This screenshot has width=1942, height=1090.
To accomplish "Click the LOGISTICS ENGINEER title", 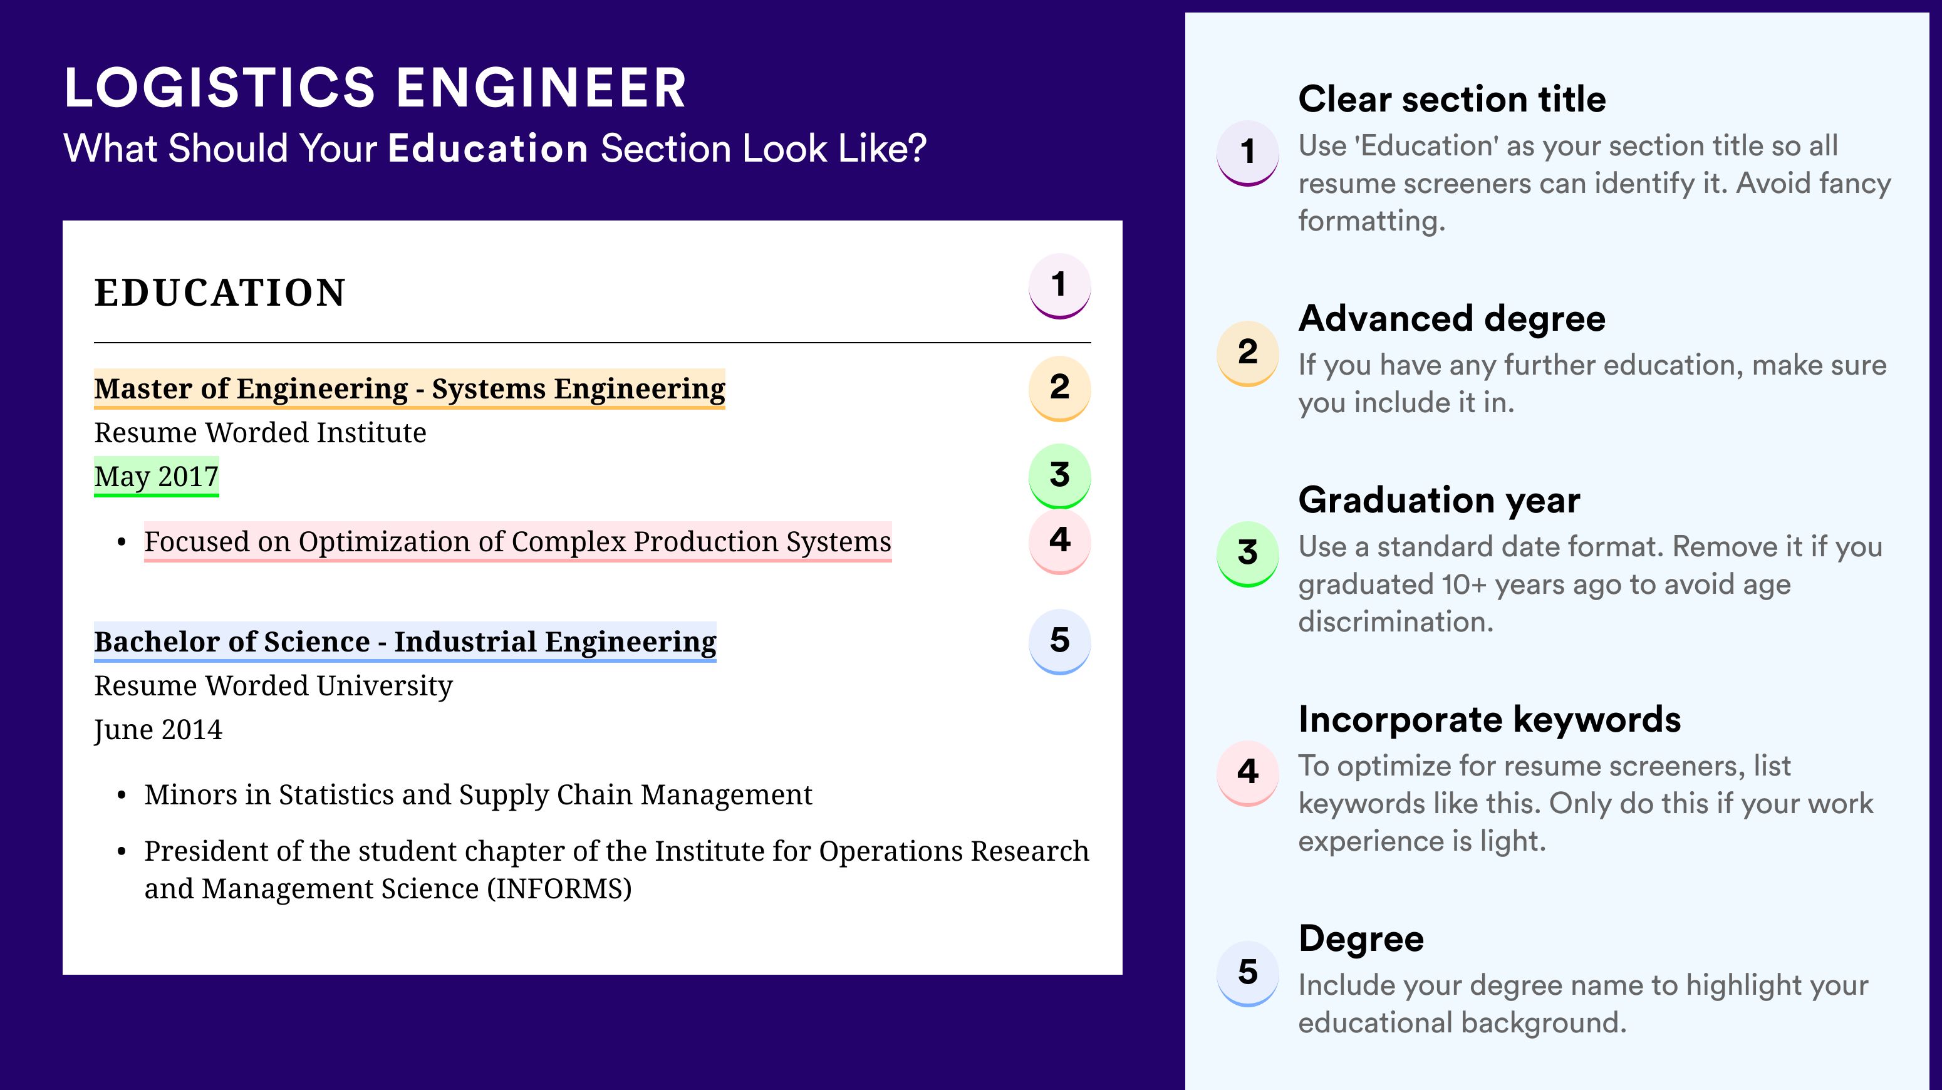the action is (375, 88).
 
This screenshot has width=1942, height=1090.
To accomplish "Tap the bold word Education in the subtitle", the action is (488, 148).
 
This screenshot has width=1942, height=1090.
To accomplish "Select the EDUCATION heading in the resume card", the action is (219, 293).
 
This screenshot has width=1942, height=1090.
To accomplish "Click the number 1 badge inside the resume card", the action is (1059, 286).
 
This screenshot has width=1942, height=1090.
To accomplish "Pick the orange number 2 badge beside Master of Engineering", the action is (1059, 388).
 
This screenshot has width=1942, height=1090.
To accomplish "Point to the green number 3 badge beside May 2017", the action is (1059, 475).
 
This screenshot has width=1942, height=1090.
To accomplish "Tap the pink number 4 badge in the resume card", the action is (1059, 541).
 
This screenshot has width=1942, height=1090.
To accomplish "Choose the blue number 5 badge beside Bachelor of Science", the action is (1059, 641).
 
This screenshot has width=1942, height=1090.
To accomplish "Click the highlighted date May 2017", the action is (156, 476).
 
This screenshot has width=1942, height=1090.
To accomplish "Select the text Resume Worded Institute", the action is (260, 433).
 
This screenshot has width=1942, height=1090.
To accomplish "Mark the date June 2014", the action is (158, 730).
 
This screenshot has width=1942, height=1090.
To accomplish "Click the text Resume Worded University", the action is (273, 686).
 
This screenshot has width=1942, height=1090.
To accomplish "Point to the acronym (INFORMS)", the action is (559, 889).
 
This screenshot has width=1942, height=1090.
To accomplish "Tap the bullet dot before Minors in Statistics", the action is (122, 796).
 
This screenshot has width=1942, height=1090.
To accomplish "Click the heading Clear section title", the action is (1452, 99).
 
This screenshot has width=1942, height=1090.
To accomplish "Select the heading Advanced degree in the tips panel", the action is (1452, 319).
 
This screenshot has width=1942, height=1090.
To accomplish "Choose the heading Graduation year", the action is (1439, 500).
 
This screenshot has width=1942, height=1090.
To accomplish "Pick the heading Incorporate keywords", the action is (1490, 720).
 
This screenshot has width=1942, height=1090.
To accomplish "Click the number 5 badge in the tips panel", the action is (1248, 973).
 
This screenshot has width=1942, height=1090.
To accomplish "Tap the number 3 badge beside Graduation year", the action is (1248, 554).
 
